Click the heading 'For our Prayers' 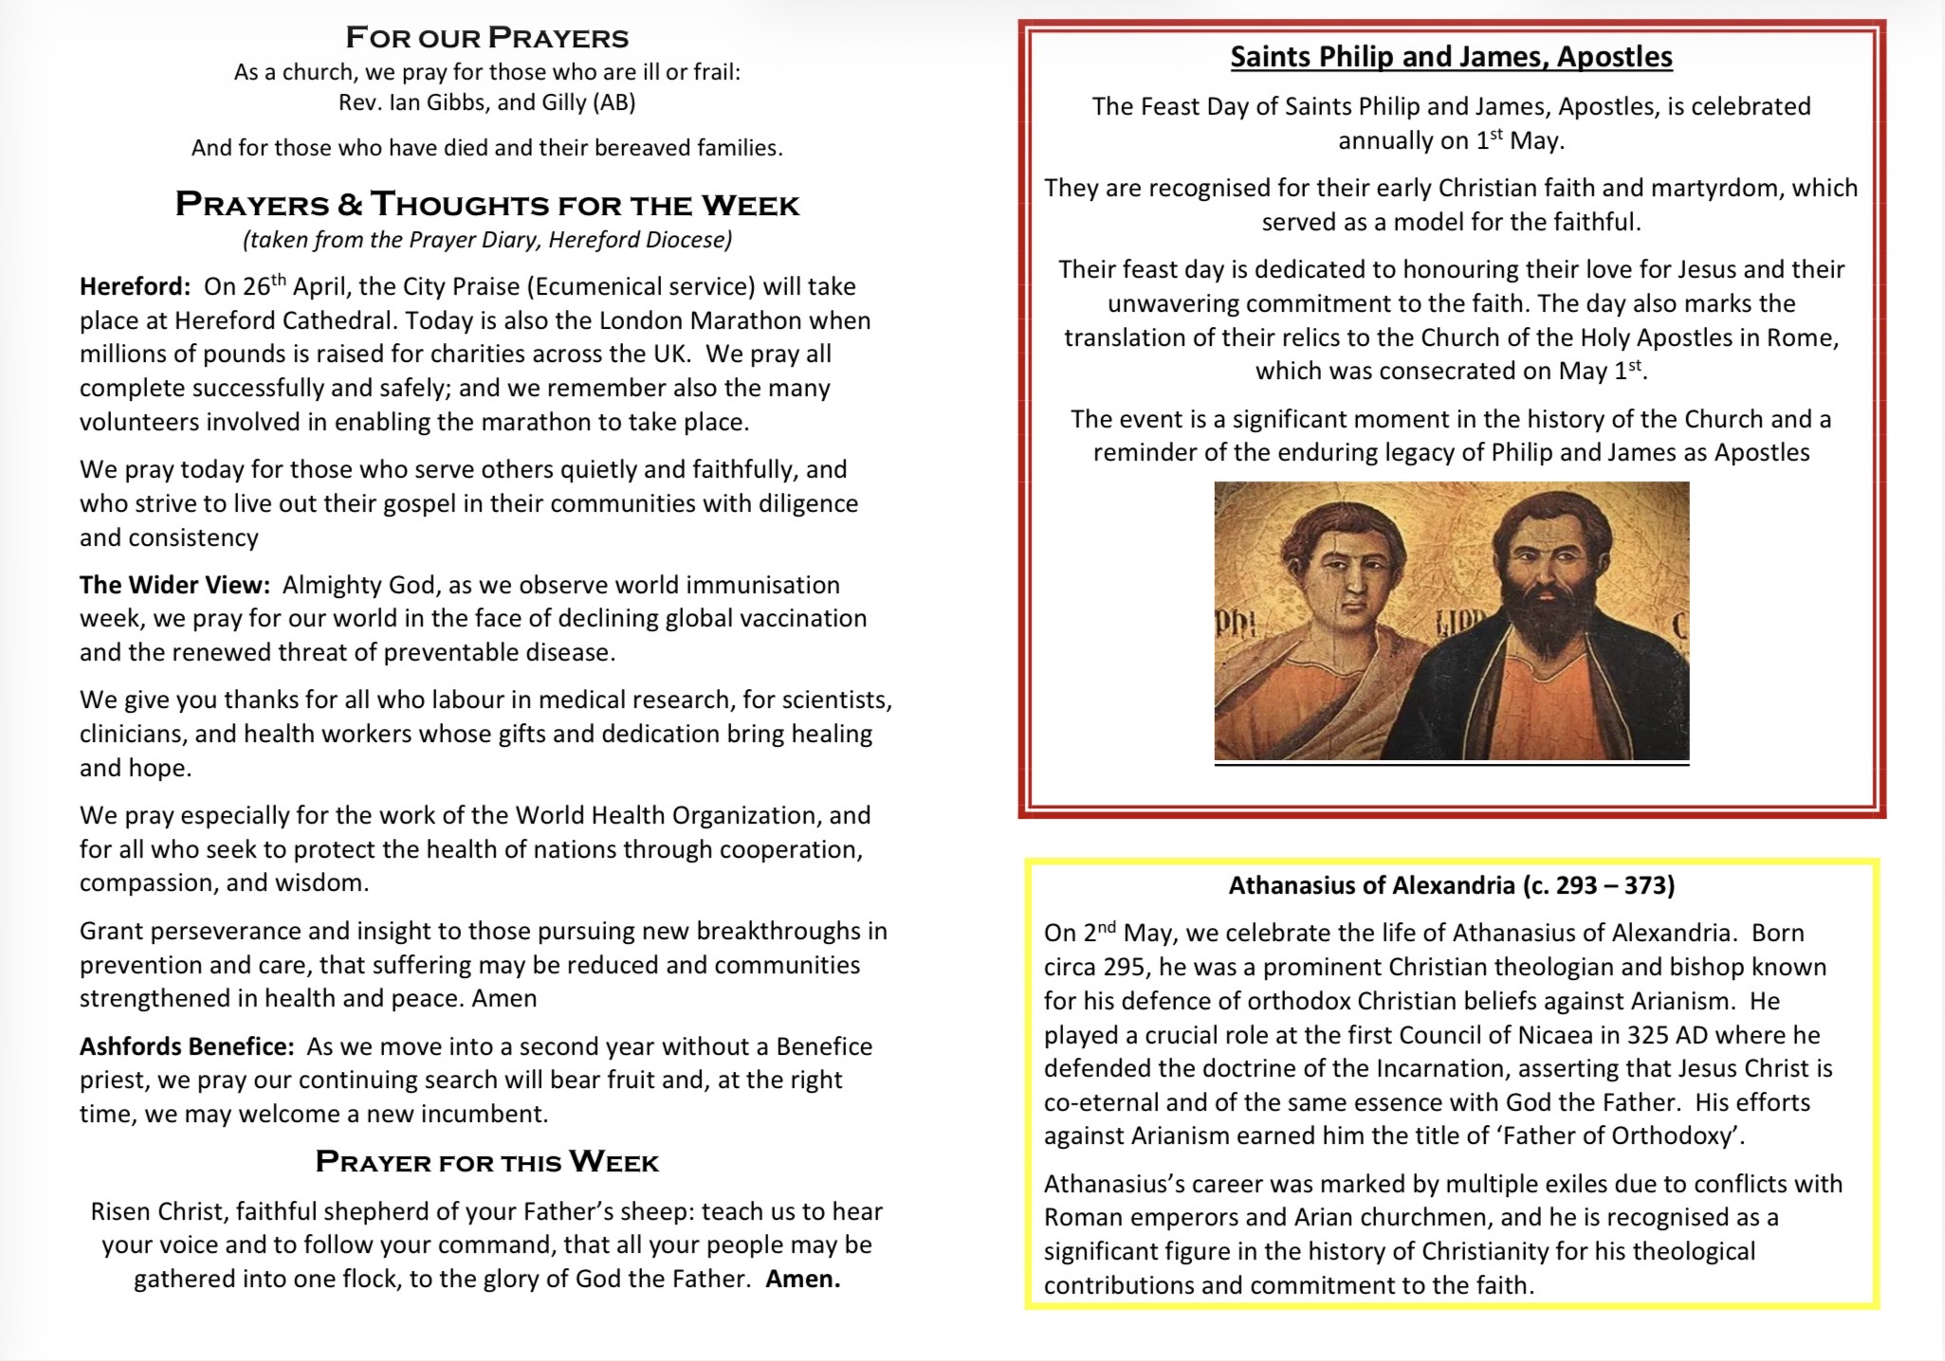(486, 38)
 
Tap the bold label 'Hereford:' (135, 287)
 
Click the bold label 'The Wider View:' (174, 585)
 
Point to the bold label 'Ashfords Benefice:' (187, 1046)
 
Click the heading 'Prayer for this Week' (486, 1162)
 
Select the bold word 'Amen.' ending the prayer (802, 1279)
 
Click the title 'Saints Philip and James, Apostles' (1451, 57)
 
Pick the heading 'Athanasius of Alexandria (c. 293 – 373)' (1451, 885)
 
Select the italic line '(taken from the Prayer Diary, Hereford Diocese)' (486, 240)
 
